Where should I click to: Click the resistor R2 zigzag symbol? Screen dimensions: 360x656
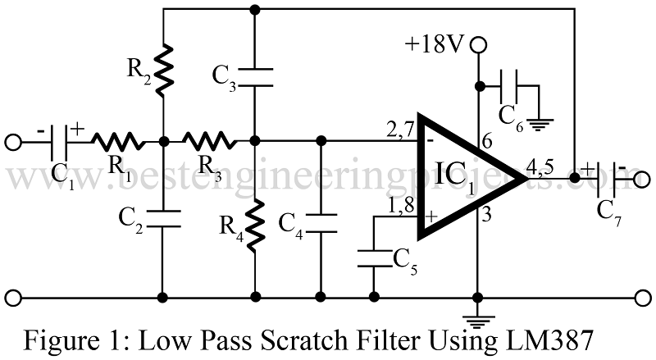coord(164,67)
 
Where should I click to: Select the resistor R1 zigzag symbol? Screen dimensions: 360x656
coord(116,140)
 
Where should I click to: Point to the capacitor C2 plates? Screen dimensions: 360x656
coord(164,217)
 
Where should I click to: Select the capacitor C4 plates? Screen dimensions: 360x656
coord(321,221)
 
